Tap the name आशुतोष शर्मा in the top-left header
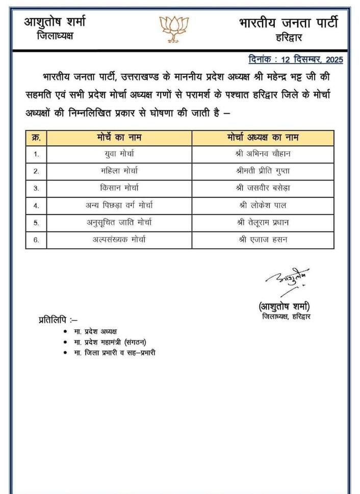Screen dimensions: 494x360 coord(55,22)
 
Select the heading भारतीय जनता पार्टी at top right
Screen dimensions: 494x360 coord(288,23)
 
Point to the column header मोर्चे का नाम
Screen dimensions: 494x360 coord(119,138)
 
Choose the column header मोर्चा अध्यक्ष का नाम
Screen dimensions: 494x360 coord(263,138)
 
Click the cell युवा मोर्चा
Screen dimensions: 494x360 coord(119,153)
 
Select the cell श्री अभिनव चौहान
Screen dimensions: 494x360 coord(263,153)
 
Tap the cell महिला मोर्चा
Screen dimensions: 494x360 coord(119,171)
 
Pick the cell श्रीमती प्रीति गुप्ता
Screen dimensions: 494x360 coord(263,171)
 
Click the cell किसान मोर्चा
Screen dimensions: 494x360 coord(119,188)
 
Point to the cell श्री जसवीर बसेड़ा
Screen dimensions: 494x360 coord(263,188)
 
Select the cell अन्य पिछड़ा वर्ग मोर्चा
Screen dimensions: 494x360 coord(119,205)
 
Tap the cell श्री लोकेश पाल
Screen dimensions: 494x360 coord(263,205)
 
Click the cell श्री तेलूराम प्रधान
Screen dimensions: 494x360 coord(263,222)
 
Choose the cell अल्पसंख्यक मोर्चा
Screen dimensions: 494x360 coord(119,239)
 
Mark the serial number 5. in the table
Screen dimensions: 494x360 coord(36,222)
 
